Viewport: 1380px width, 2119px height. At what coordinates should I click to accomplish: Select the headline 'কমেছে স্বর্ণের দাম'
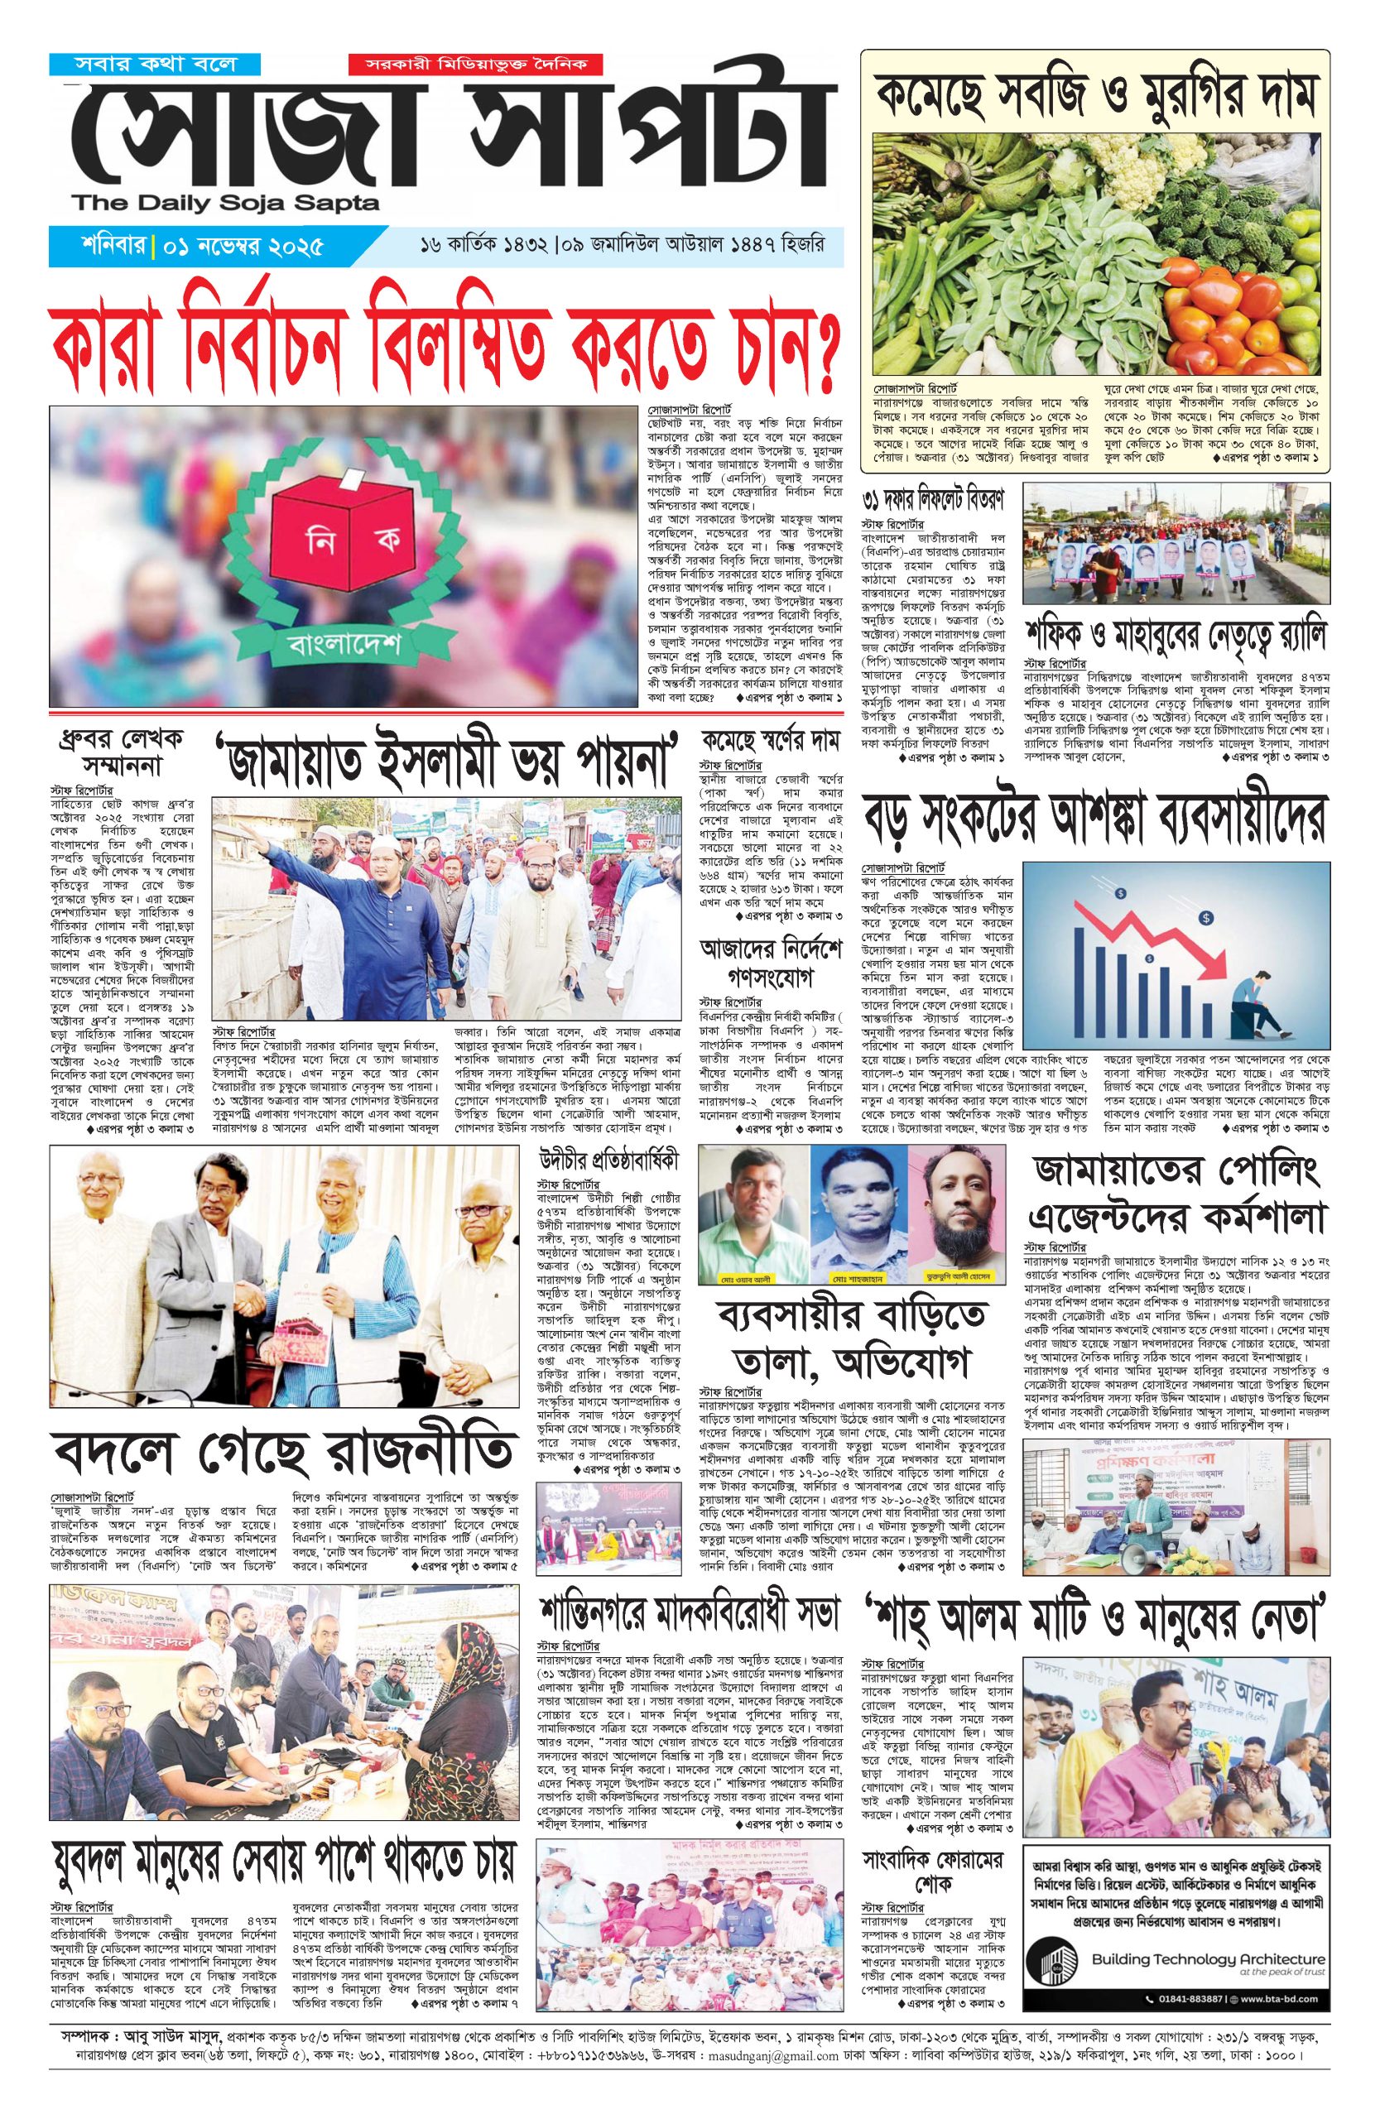pos(771,742)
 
